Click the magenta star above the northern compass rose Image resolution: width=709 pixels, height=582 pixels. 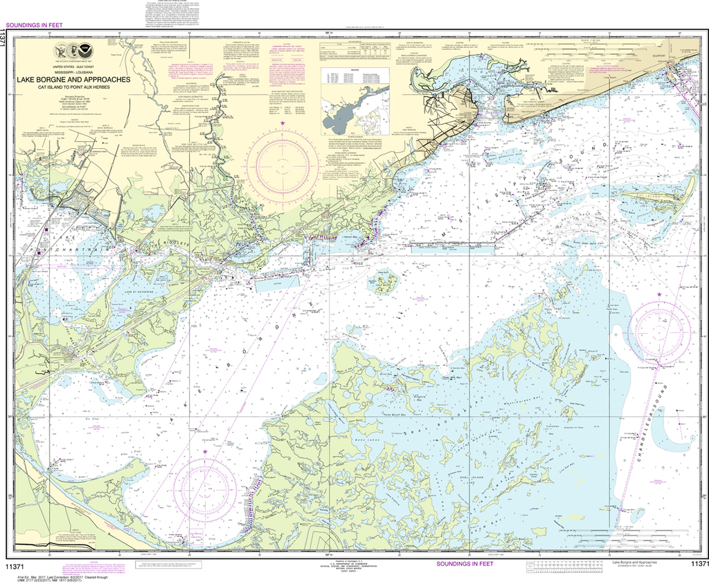[x=283, y=123]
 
